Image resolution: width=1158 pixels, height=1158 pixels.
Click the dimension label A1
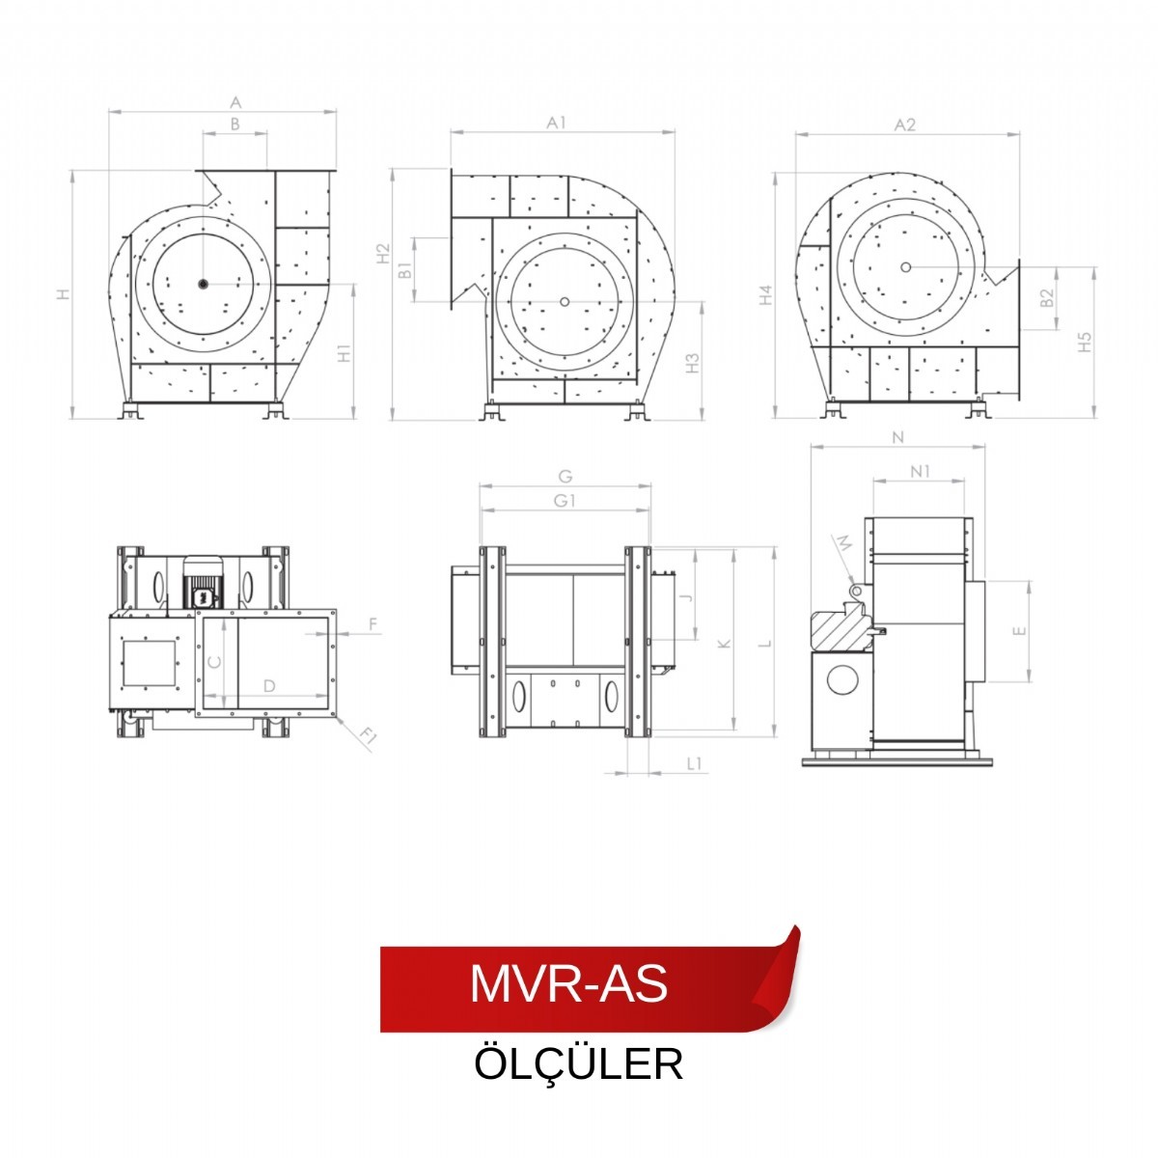(556, 123)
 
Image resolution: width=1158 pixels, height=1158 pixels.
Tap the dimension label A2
(904, 124)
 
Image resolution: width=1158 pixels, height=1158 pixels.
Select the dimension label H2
(384, 253)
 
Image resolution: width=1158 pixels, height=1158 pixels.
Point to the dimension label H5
(1085, 342)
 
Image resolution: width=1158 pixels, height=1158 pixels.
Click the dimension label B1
(406, 269)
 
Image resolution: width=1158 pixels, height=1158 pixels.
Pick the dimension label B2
(1047, 298)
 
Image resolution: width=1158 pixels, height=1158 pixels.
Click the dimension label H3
(692, 363)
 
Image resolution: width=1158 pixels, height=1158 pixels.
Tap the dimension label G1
(565, 500)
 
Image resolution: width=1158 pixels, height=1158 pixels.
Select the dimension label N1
(920, 471)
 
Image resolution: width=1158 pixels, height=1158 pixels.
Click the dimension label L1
(695, 763)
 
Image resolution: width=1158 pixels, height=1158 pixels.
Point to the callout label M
(843, 544)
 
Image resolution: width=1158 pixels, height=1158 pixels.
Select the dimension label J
(686, 597)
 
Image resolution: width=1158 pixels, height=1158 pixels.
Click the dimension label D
(270, 685)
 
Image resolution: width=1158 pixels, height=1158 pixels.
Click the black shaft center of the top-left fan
(203, 283)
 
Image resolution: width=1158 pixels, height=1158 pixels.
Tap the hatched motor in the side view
(842, 632)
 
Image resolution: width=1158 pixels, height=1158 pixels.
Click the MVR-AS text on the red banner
(568, 983)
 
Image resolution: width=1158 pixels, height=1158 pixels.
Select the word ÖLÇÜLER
(578, 1064)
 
